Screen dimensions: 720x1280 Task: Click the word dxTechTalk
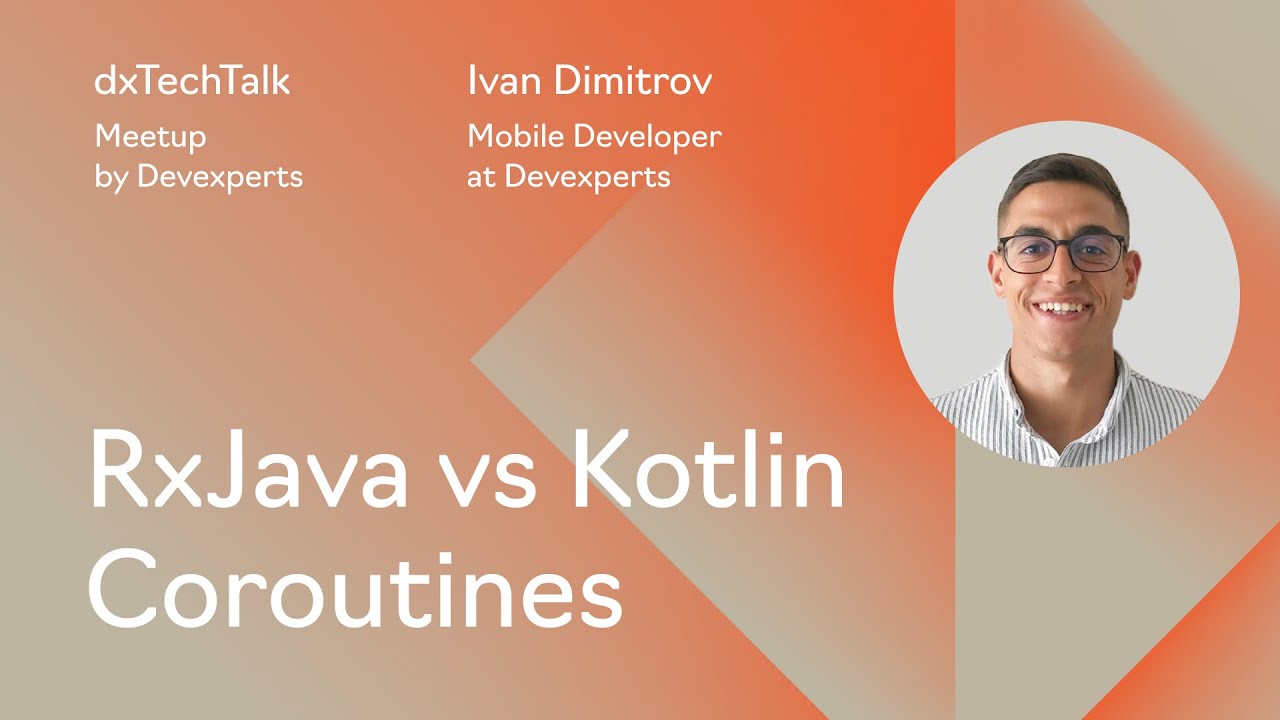click(192, 82)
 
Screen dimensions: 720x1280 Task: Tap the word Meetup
click(150, 137)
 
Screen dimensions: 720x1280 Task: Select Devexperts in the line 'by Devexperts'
click(219, 177)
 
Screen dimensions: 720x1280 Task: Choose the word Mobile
click(512, 137)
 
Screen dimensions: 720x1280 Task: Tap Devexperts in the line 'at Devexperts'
click(587, 177)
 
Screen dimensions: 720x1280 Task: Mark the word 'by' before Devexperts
click(111, 178)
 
